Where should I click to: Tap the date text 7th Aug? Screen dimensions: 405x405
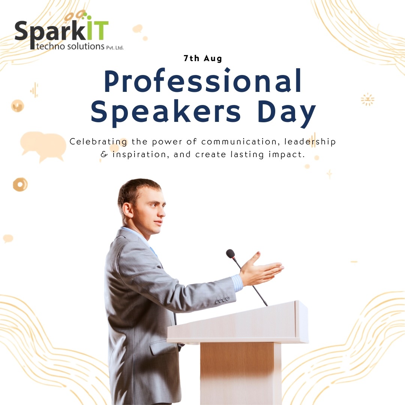click(x=203, y=58)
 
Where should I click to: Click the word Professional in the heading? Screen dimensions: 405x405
click(x=203, y=81)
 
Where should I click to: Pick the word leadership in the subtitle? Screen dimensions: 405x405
click(x=310, y=141)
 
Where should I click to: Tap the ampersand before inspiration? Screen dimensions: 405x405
click(x=104, y=154)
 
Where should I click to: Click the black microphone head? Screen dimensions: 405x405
click(x=230, y=253)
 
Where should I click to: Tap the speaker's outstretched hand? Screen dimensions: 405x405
click(x=261, y=270)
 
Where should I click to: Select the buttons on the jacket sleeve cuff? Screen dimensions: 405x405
click(x=222, y=300)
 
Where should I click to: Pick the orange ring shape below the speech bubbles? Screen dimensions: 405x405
click(x=20, y=184)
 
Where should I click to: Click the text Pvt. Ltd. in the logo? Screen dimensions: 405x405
click(x=115, y=48)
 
